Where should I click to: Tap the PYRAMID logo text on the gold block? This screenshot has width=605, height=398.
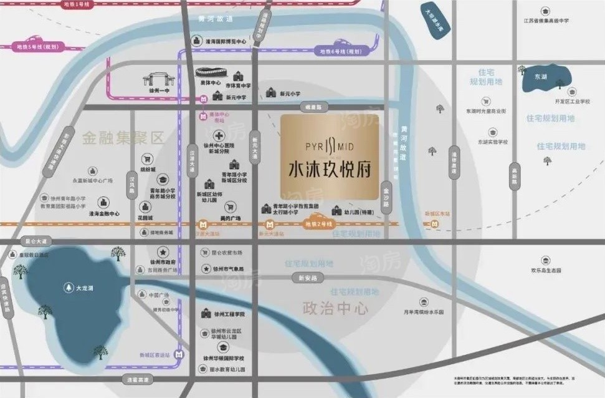point(330,147)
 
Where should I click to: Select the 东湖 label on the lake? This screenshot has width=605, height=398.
point(540,77)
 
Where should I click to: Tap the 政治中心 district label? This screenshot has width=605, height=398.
point(335,308)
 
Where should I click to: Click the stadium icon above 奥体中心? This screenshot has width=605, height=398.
point(209,72)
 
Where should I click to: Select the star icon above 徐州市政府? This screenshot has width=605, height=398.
point(161,251)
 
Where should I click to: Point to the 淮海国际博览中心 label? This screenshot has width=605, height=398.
point(226,42)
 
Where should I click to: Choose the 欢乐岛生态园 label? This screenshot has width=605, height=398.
point(545,270)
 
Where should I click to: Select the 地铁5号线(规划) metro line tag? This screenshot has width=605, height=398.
point(37,46)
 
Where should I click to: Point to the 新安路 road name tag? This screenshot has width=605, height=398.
point(308,278)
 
